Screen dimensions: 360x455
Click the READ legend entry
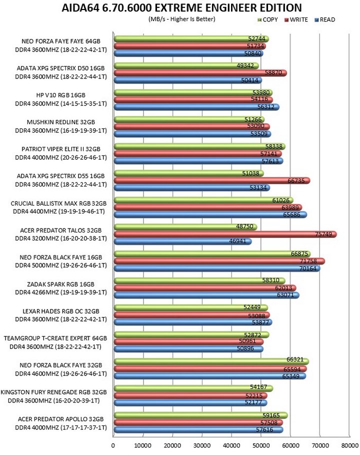[325, 19]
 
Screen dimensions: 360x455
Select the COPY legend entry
[268, 19]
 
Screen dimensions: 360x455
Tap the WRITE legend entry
[296, 19]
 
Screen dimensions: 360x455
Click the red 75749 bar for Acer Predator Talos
[225, 234]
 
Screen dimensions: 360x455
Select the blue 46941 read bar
[183, 241]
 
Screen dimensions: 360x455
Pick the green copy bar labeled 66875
[212, 254]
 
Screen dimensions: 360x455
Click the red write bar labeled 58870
[200, 73]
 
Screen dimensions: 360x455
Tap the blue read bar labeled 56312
[196, 107]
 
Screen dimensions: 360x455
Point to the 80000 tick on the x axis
[349, 445]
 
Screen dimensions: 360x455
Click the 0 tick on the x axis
[113, 445]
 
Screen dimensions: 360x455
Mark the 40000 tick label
[231, 445]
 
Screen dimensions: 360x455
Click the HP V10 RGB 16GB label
[61, 95]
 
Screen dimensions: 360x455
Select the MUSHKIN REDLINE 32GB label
[61, 122]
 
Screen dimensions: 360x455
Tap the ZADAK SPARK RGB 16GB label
[61, 284]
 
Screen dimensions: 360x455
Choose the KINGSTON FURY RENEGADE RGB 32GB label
[54, 392]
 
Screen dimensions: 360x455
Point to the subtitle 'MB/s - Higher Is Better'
[182, 19]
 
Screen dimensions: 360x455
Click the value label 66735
[296, 181]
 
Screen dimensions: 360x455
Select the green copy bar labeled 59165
[201, 415]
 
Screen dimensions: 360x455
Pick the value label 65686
[292, 214]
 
